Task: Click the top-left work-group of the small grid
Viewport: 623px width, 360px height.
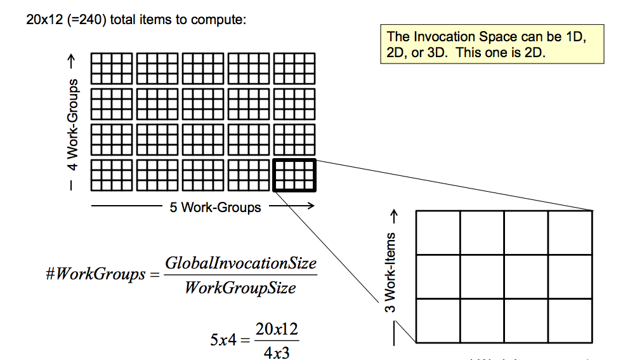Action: pyautogui.click(x=112, y=68)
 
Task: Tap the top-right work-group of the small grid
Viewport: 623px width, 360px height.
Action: pyautogui.click(x=294, y=68)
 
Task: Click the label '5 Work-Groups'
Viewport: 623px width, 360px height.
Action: pyautogui.click(x=215, y=207)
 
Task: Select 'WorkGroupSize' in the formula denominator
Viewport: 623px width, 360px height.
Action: pyautogui.click(x=240, y=288)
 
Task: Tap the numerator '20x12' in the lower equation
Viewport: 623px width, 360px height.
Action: pyautogui.click(x=277, y=330)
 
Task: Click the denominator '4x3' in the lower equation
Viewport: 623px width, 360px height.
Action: pyautogui.click(x=277, y=352)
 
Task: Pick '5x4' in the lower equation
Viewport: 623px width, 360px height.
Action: pyautogui.click(x=223, y=340)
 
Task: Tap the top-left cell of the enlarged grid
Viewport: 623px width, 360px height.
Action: pyautogui.click(x=438, y=232)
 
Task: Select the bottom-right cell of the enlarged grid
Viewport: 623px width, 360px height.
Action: pyautogui.click(x=570, y=321)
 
